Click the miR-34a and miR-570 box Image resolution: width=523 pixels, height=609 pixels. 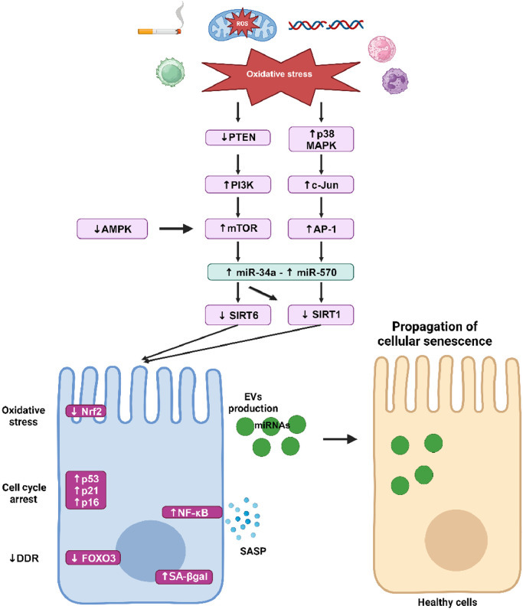(280, 273)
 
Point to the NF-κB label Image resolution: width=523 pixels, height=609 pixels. (191, 512)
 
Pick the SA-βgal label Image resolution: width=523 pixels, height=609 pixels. (188, 576)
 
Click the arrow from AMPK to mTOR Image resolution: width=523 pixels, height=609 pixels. (178, 228)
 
